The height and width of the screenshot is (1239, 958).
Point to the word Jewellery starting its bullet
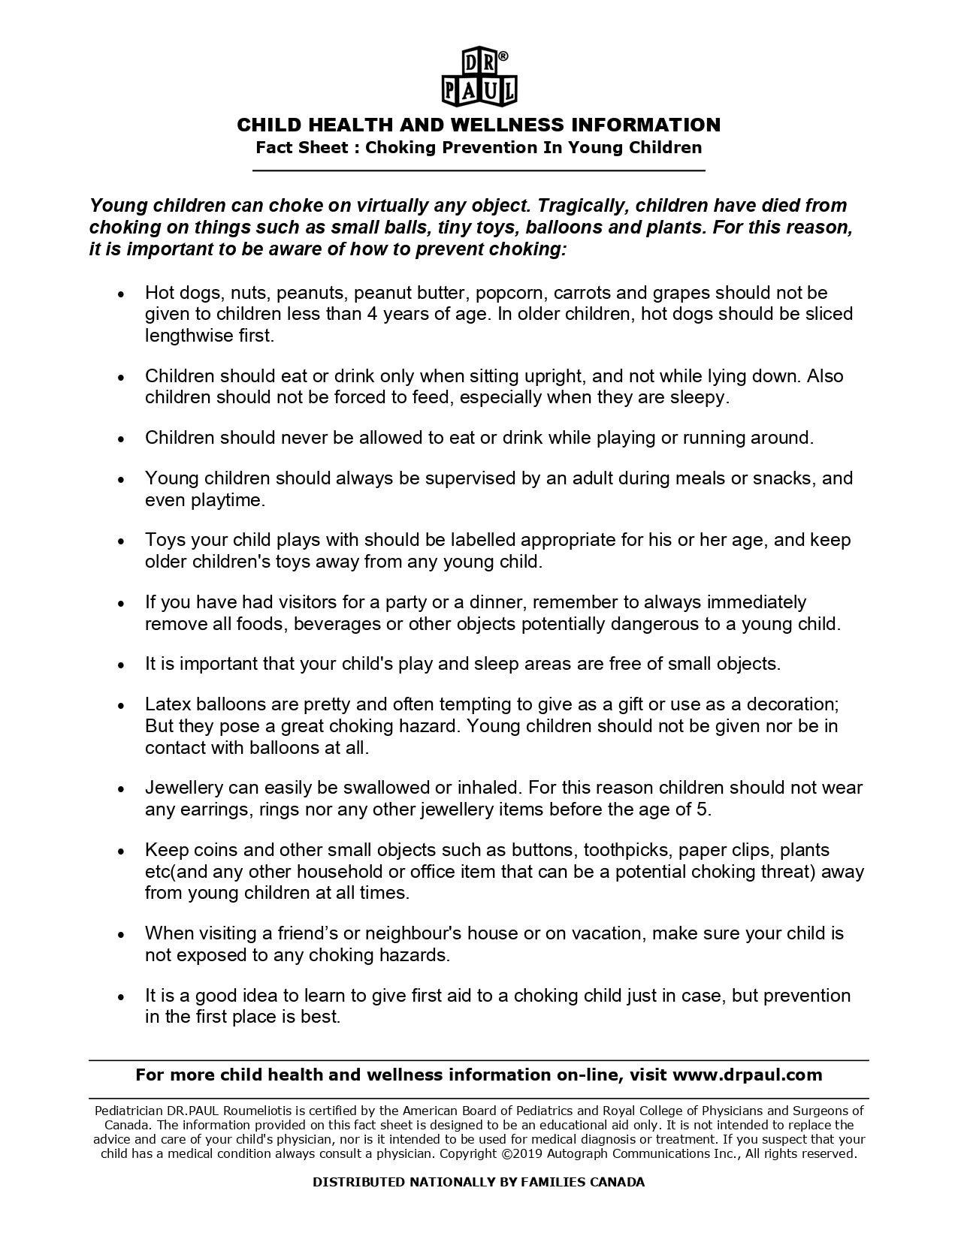[x=184, y=788]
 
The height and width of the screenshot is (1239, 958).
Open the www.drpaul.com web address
[x=747, y=1075]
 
